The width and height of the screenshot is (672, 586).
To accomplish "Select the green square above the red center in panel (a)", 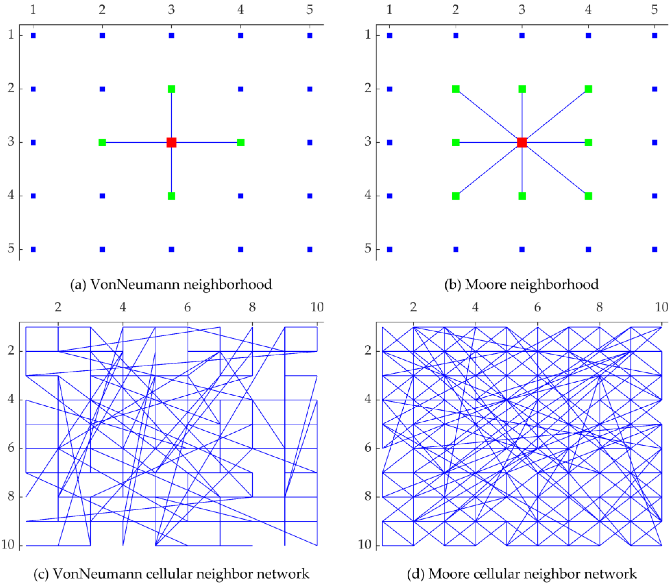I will [x=171, y=89].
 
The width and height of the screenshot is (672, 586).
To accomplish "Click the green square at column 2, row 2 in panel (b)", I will [x=456, y=89].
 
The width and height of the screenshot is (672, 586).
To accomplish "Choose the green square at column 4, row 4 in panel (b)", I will [x=588, y=196].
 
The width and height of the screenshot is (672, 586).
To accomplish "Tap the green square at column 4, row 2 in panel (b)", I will [x=588, y=89].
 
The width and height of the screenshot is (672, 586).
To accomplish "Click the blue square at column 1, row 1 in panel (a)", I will [x=33, y=36].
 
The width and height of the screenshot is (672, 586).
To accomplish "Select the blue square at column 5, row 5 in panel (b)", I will [x=654, y=249].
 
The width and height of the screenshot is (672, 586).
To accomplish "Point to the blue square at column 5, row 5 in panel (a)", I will [x=310, y=249].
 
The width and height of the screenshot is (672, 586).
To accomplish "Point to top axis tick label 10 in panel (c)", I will [x=317, y=307].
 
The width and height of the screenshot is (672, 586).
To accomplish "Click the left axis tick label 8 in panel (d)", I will [x=368, y=496].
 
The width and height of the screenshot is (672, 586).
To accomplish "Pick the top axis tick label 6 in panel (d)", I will [x=537, y=307].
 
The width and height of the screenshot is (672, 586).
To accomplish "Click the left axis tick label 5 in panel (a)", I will [x=11, y=249].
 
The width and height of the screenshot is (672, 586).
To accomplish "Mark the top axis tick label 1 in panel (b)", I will [x=389, y=10].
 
